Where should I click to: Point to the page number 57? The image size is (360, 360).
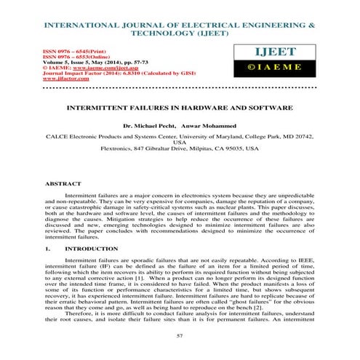click(x=180, y=335)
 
